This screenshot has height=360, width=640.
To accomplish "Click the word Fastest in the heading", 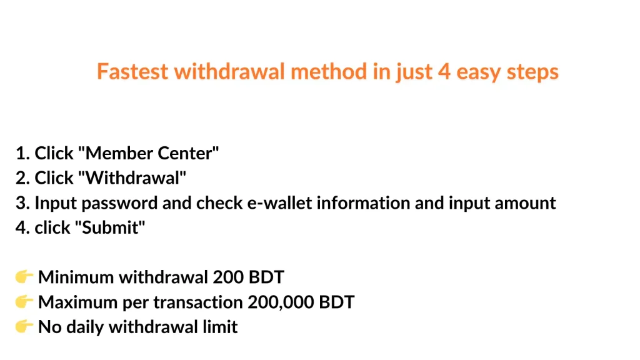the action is (x=132, y=71).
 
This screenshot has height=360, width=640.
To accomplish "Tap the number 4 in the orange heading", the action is (x=444, y=71).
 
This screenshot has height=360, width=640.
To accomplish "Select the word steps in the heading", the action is (x=532, y=72).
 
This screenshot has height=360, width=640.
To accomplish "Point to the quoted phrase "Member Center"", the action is (x=148, y=153).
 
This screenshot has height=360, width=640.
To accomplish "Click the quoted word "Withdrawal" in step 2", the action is (x=132, y=178).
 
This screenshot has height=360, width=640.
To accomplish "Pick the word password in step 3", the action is (x=119, y=203).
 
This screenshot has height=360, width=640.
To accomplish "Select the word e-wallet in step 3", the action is (x=279, y=203).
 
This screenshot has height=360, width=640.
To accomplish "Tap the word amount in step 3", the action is (x=525, y=203).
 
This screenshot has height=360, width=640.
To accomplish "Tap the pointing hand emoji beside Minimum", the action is (x=24, y=277).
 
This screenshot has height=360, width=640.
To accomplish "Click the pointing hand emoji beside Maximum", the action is (x=24, y=302).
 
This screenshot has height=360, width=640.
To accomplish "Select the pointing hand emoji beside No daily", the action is (x=24, y=326).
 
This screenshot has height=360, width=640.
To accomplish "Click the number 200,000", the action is (x=281, y=302).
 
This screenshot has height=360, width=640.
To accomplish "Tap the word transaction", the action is (x=198, y=302).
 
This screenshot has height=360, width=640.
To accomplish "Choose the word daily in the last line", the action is (x=86, y=327).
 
